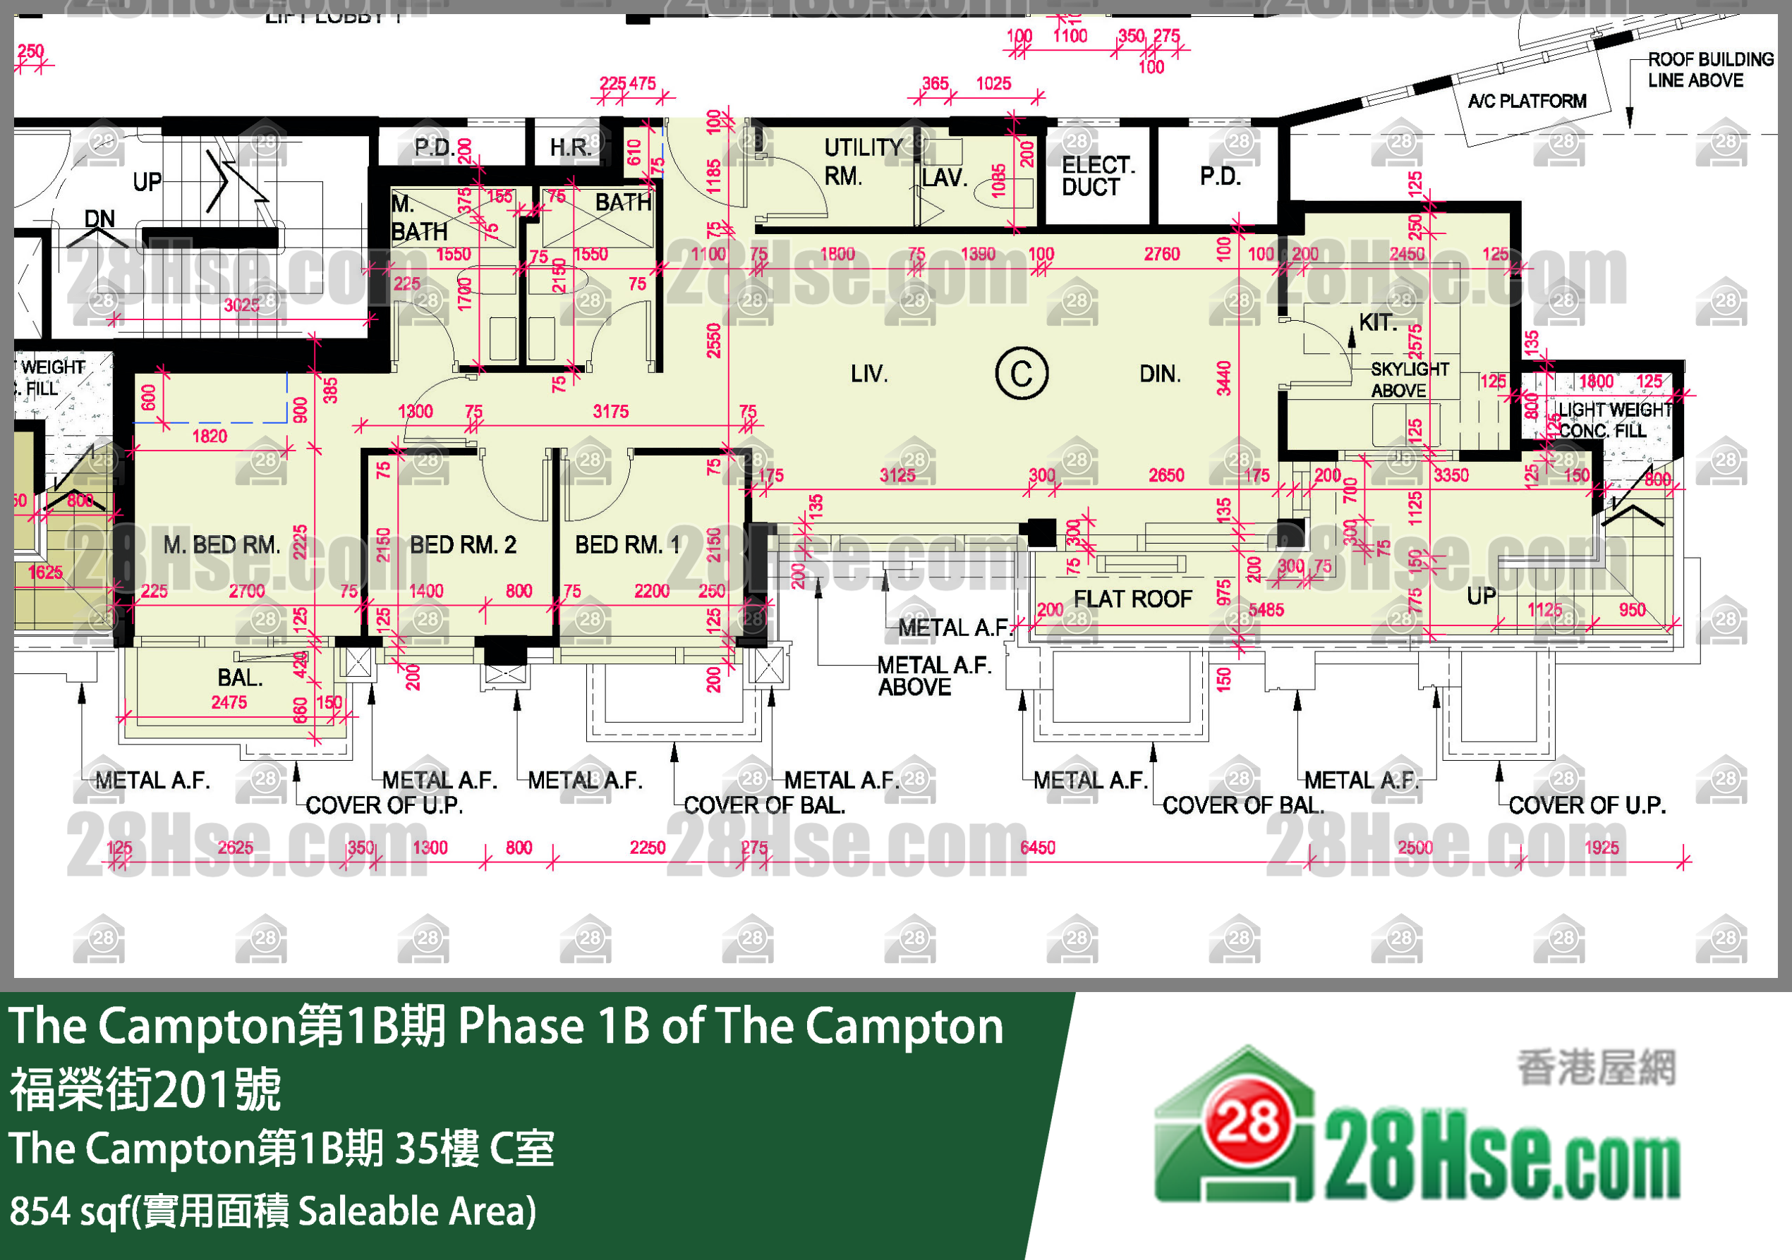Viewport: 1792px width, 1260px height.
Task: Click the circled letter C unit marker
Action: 1021,374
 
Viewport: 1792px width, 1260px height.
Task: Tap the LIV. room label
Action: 868,374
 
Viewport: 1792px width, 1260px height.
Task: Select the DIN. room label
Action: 1160,374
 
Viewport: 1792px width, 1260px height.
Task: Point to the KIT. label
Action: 1378,322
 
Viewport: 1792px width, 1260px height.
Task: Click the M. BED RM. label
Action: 222,544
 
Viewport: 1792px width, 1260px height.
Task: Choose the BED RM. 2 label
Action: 463,544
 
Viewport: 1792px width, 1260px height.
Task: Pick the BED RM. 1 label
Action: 627,544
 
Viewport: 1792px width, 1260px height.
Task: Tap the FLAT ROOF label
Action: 1132,599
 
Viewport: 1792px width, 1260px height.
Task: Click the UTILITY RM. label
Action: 862,161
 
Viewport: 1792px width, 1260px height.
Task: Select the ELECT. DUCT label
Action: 1097,176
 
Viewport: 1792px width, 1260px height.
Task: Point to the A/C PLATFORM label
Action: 1527,102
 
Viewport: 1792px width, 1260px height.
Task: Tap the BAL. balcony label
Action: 240,677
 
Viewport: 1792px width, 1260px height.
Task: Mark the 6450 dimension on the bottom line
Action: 1037,848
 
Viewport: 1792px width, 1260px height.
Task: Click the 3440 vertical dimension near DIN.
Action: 1224,379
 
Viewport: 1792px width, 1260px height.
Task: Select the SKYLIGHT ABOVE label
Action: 1410,380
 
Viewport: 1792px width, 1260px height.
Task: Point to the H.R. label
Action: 570,147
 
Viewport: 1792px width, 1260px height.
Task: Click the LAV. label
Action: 945,178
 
